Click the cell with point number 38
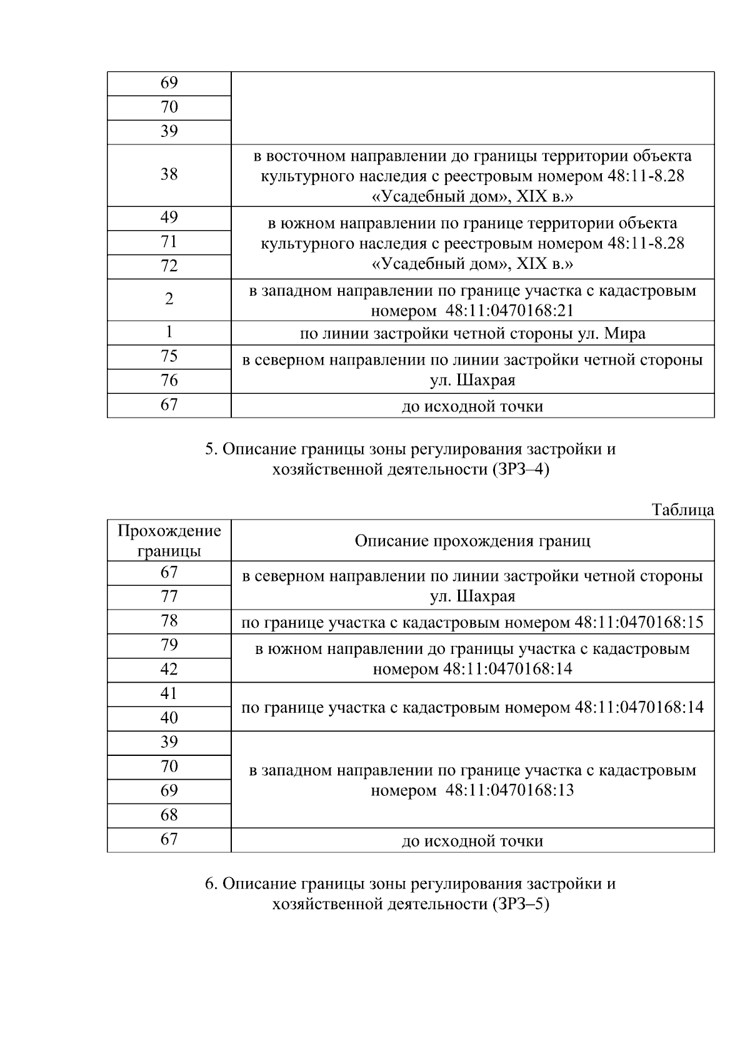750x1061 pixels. click(169, 174)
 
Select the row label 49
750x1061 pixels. click(169, 218)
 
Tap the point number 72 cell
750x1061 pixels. click(169, 266)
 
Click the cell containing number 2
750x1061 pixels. click(169, 299)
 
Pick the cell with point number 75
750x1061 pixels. click(169, 356)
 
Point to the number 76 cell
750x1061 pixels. click(169, 381)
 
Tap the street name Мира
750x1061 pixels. click(624, 334)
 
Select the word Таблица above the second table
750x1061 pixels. click(682, 510)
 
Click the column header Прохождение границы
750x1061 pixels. click(169, 540)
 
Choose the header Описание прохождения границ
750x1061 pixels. click(472, 540)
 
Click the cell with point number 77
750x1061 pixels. click(169, 596)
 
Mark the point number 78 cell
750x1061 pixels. click(169, 621)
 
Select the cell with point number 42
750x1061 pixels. click(169, 670)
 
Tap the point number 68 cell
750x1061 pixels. click(169, 815)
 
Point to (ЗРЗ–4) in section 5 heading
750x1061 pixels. click(520, 470)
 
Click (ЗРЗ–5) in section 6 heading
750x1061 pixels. click(520, 904)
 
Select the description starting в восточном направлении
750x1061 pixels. click(472, 176)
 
